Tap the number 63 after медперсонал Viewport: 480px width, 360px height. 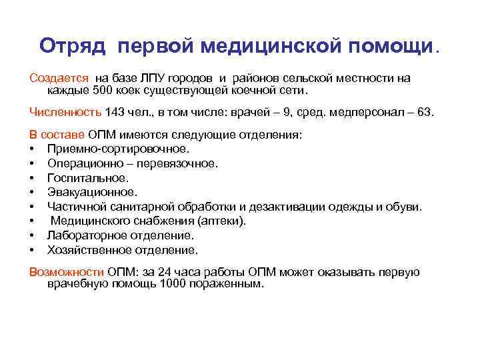coord(424,112)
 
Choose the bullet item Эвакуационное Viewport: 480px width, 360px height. coord(93,193)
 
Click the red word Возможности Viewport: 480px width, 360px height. coord(66,272)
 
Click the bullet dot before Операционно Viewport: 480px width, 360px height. coord(33,163)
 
